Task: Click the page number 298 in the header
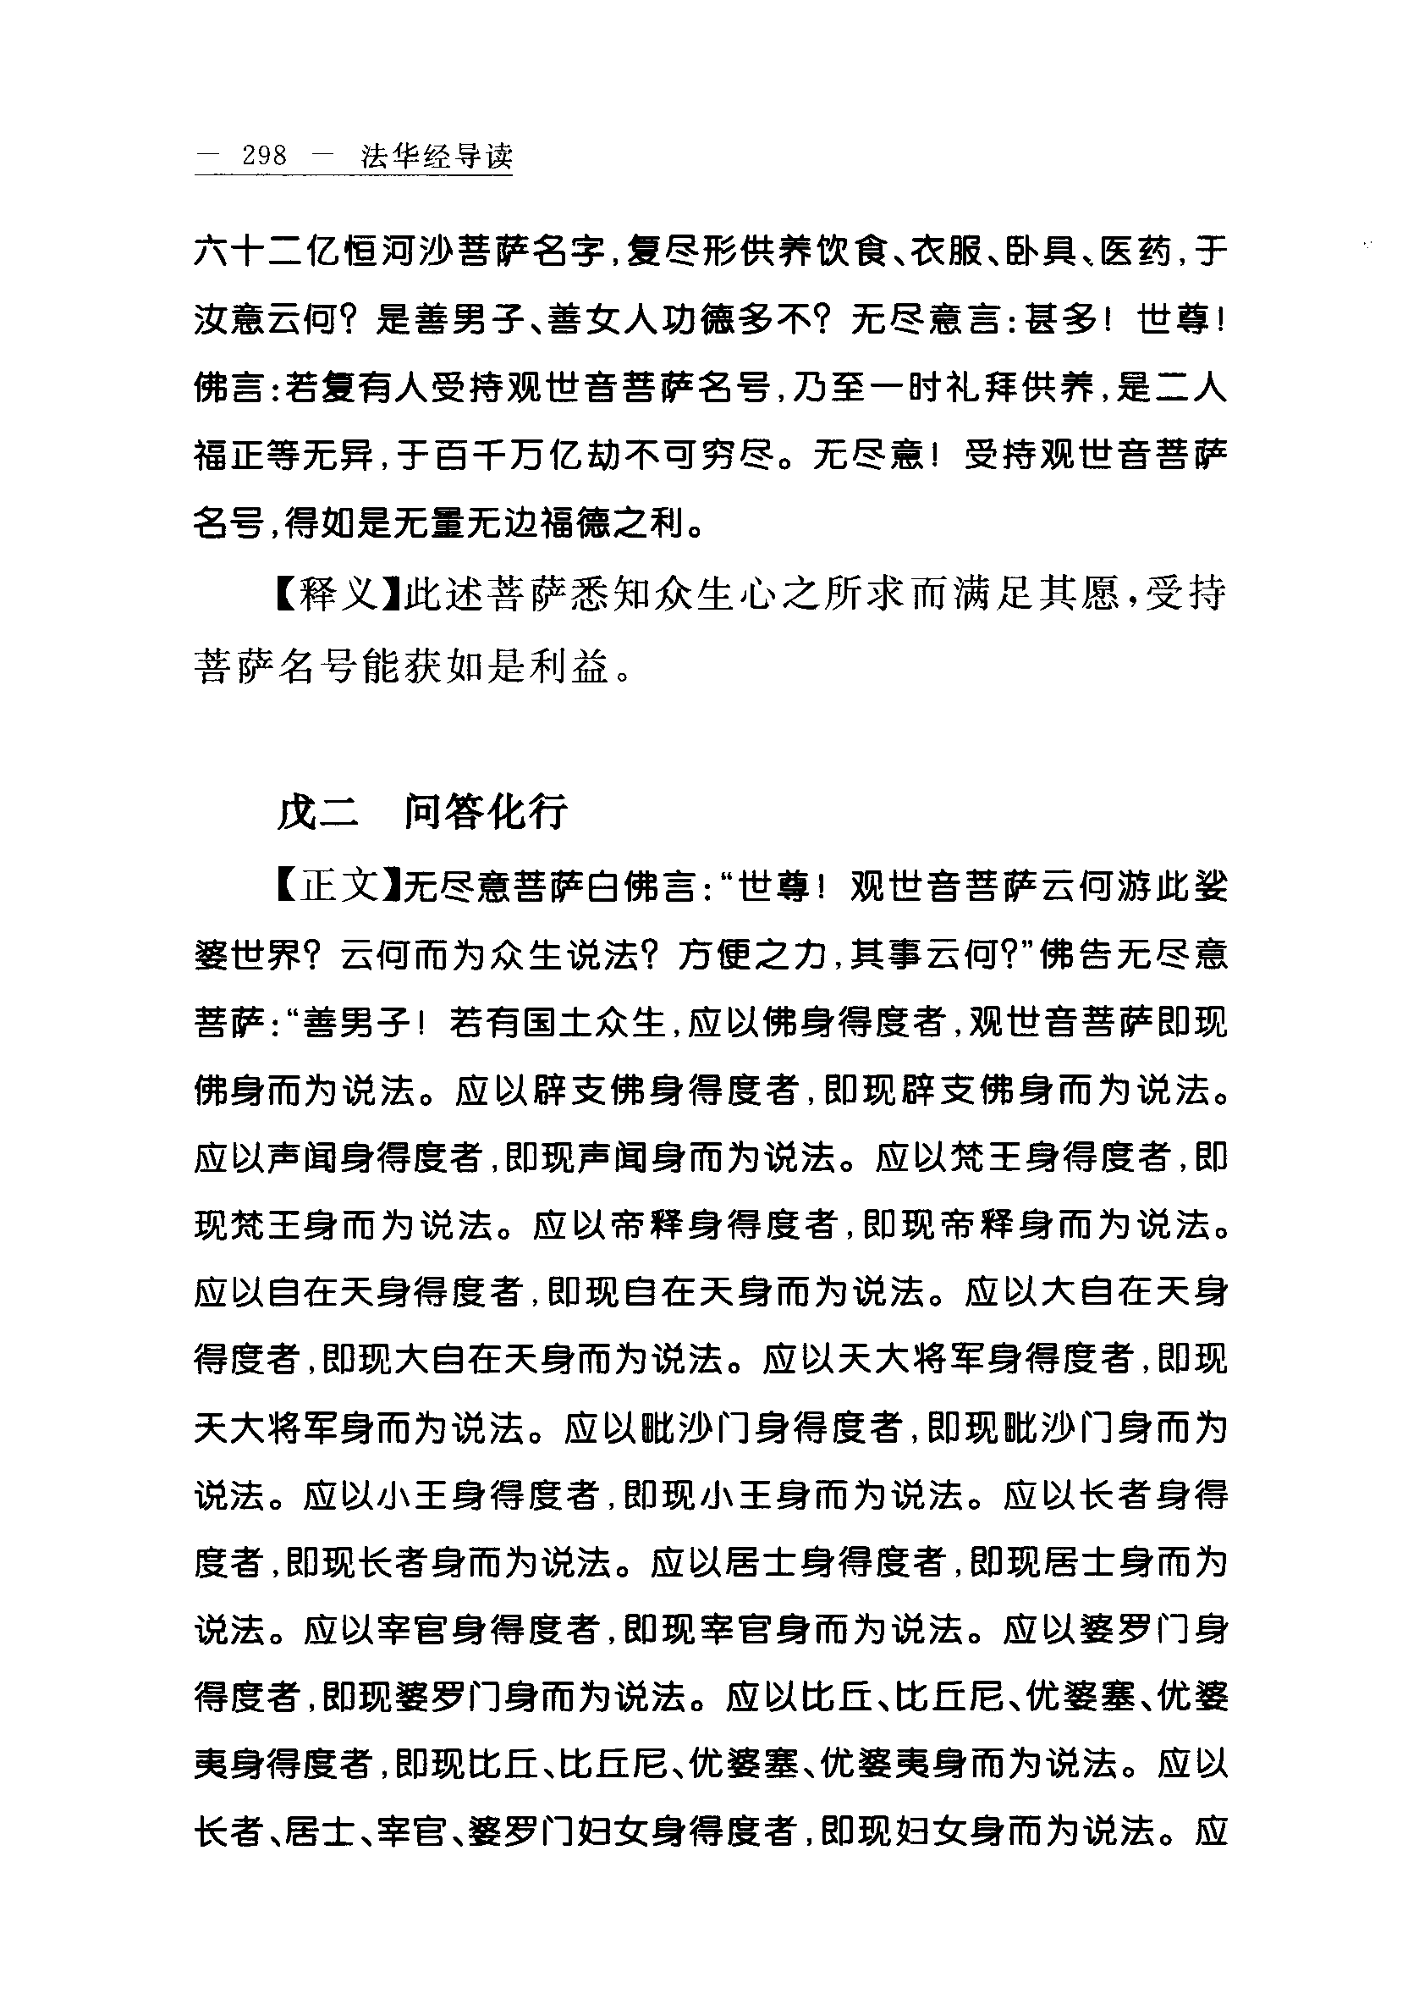click(x=265, y=157)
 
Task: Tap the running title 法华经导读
click(x=437, y=157)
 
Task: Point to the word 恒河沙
click(x=393, y=254)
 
